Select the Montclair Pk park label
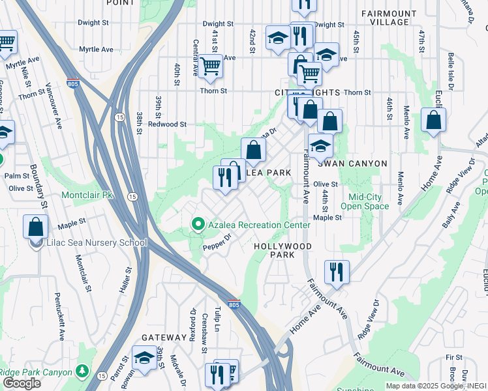click(x=87, y=195)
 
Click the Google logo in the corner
click(x=22, y=383)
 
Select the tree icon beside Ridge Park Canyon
click(x=82, y=371)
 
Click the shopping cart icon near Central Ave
click(x=209, y=66)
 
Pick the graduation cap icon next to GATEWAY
click(x=144, y=358)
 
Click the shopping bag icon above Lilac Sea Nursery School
click(x=36, y=226)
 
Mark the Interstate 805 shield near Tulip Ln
click(x=234, y=304)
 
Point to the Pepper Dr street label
click(x=217, y=242)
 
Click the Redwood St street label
click(x=167, y=124)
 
